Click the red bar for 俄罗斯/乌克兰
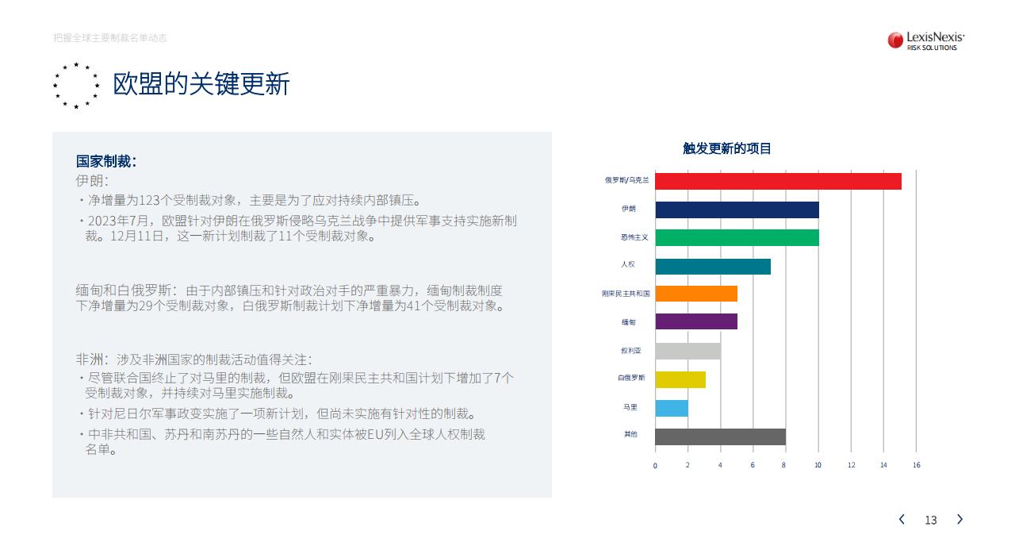778,182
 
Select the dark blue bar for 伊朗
737,210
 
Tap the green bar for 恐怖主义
737,237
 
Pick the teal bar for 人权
713,267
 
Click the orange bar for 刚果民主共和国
696,294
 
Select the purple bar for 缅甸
696,321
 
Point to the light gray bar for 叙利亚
688,351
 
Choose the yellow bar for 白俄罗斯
680,379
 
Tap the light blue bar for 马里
672,408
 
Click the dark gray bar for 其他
721,437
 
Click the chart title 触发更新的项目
727,148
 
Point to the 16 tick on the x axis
916,465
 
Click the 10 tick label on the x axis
818,465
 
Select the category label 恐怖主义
634,237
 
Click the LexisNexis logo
925,40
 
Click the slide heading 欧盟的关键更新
201,84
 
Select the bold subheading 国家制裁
106,161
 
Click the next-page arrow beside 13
959,519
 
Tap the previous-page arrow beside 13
902,519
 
